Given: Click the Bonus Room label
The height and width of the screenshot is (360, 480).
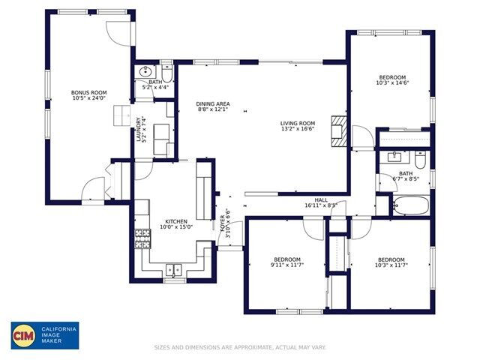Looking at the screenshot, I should coord(89,93).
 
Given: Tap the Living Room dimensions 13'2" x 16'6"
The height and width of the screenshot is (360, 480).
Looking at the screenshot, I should coord(297,130).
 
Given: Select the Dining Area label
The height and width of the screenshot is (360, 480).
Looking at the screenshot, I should coord(213,103).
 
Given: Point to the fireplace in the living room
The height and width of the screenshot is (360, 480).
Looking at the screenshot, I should coord(340,130).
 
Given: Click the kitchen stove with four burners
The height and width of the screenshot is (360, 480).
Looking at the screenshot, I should coord(142,238).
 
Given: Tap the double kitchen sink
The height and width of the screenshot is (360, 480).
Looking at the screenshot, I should coord(174,270).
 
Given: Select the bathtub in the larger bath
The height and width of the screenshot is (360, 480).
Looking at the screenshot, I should coord(411,205).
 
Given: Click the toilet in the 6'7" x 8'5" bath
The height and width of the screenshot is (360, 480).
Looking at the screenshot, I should coord(421,160).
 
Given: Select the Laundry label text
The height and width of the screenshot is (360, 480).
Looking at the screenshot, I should coord(139,128).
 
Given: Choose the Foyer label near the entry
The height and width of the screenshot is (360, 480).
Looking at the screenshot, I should coord(223,225).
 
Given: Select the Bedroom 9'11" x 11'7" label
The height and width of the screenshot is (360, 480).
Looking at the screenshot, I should coord(286,259).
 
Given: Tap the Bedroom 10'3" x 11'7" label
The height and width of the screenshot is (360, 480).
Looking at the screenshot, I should coord(391,259).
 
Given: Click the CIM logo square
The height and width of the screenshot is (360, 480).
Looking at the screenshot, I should coord(24,334).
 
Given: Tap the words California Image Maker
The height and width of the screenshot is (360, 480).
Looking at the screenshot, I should coord(58,334).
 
